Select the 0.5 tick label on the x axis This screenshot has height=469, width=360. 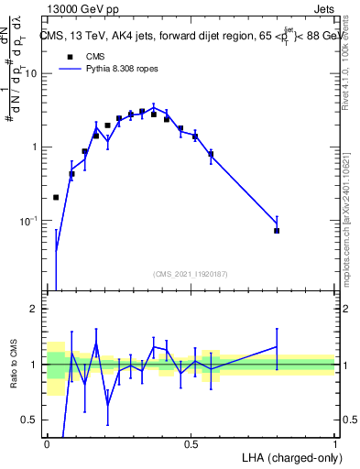click(x=191, y=443)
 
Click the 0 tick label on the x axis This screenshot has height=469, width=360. click(x=47, y=443)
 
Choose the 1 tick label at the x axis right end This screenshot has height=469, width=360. click(x=334, y=443)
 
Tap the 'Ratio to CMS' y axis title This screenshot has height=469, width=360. click(x=13, y=364)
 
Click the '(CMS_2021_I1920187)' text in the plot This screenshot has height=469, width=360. click(x=190, y=274)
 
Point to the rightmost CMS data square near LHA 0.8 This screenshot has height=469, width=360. click(x=277, y=231)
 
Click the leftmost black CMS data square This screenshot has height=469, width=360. click(x=56, y=197)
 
